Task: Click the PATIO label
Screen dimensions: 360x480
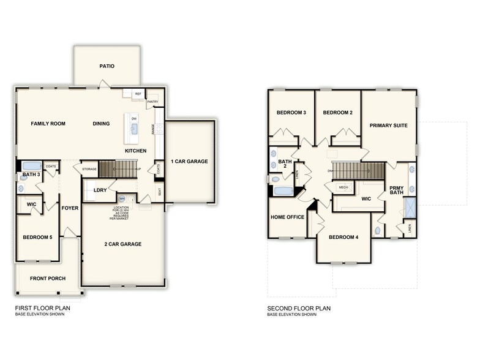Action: [x=107, y=66]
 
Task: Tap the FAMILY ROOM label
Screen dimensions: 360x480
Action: [x=48, y=124]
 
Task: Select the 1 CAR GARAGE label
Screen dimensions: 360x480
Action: [x=190, y=162]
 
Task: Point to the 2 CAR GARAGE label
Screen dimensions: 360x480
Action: [x=123, y=244]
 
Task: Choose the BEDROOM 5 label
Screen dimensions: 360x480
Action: [x=37, y=237]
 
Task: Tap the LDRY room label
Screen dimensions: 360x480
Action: [x=100, y=190]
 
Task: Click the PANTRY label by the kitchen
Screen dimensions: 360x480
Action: [x=152, y=102]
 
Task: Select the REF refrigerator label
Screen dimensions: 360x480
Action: [x=138, y=94]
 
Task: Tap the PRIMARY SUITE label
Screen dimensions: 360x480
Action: [x=388, y=126]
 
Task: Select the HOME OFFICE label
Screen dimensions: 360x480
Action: [x=287, y=217]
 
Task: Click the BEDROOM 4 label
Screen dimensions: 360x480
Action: [x=343, y=237]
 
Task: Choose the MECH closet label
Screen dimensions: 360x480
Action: [x=343, y=187]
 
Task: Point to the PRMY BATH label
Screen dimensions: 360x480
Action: [x=396, y=190]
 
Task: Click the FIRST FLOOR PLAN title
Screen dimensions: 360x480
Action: [x=42, y=309]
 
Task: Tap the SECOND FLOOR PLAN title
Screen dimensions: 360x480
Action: [x=298, y=309]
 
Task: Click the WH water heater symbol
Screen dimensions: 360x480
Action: [x=122, y=198]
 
